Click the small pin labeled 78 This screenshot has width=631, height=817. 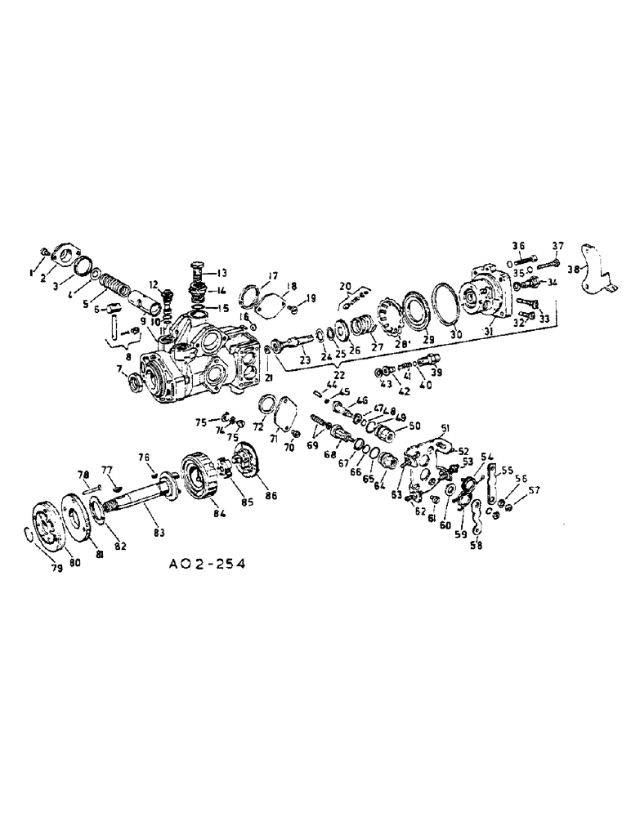tap(88, 489)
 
